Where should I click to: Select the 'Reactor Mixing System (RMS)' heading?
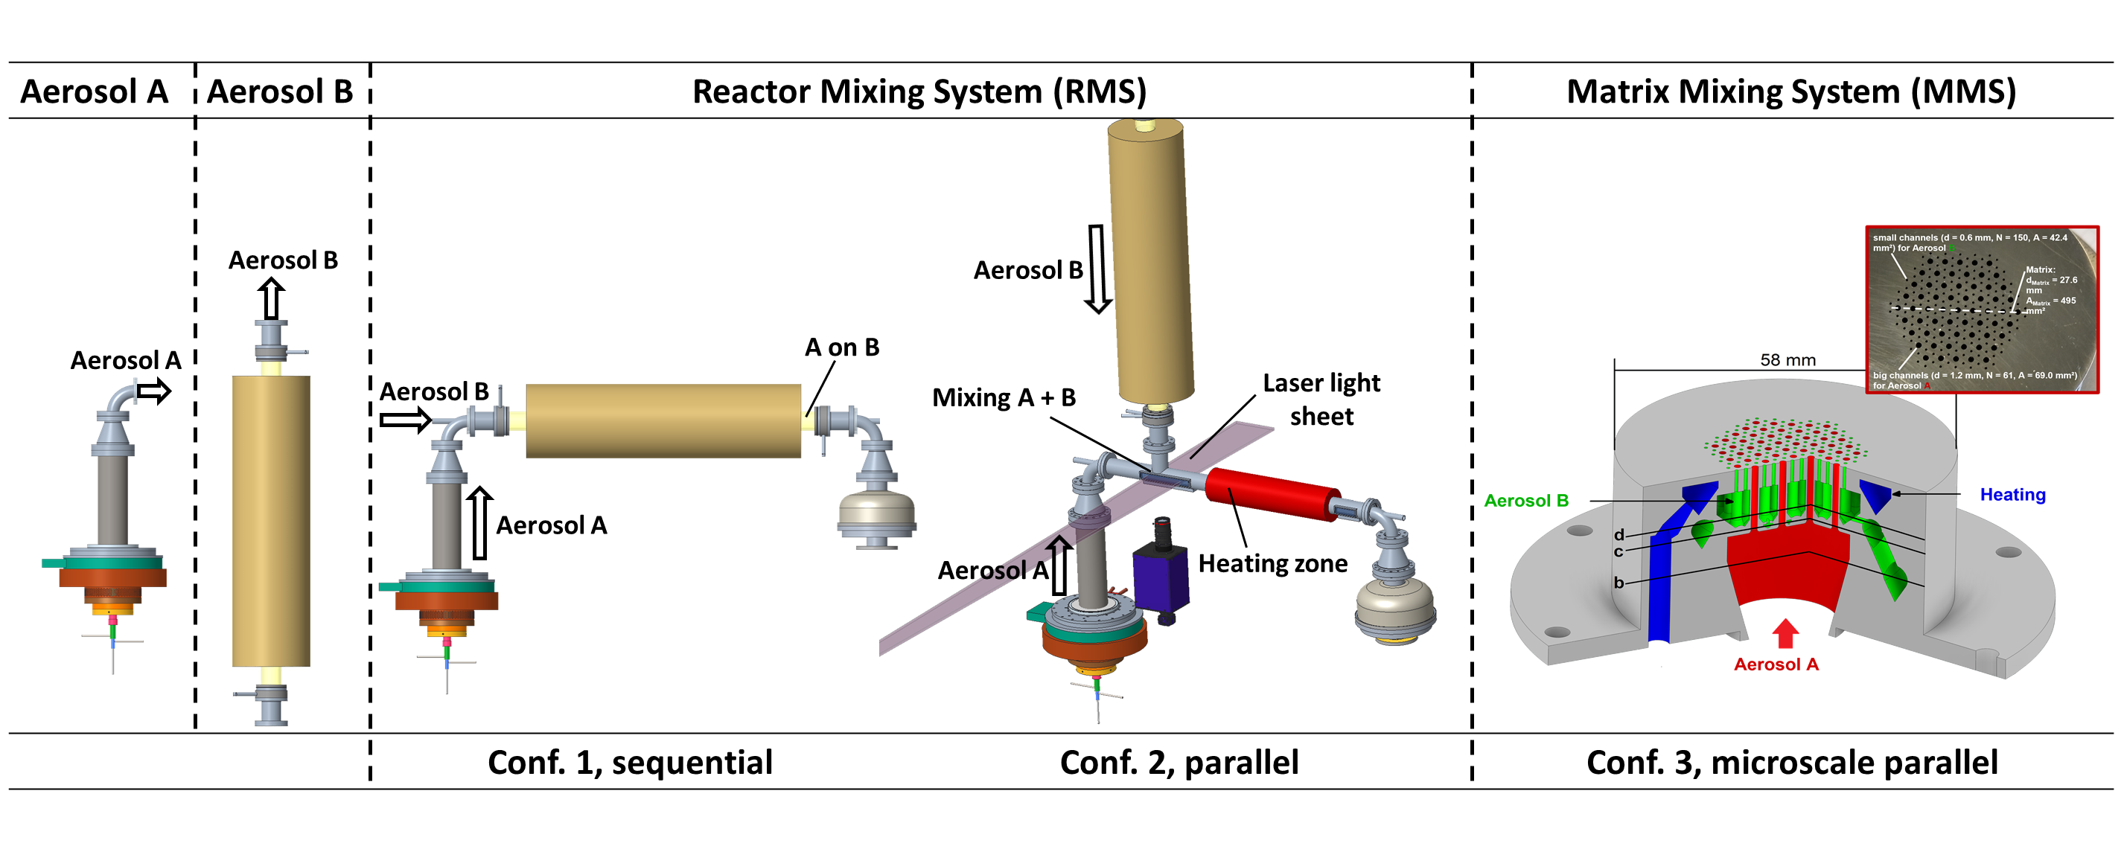coord(919,92)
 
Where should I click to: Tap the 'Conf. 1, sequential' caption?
coord(630,763)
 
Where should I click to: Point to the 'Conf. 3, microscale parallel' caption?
coord(1792,763)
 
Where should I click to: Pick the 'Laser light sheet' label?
coord(1321,400)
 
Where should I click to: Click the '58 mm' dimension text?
coord(1787,360)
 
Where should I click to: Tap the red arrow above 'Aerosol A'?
coord(1785,633)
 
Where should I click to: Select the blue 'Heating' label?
coord(2012,495)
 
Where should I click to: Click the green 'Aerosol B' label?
coord(1525,500)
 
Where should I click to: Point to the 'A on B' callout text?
coord(841,347)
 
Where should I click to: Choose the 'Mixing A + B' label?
coord(1004,398)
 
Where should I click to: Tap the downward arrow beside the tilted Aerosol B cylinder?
coord(1097,269)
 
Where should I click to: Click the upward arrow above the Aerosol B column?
coord(271,298)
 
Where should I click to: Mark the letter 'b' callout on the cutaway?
coord(1618,583)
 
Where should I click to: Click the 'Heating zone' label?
coord(1272,564)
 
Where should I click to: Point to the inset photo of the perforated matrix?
coord(1981,309)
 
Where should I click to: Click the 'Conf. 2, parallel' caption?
coord(1179,763)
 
